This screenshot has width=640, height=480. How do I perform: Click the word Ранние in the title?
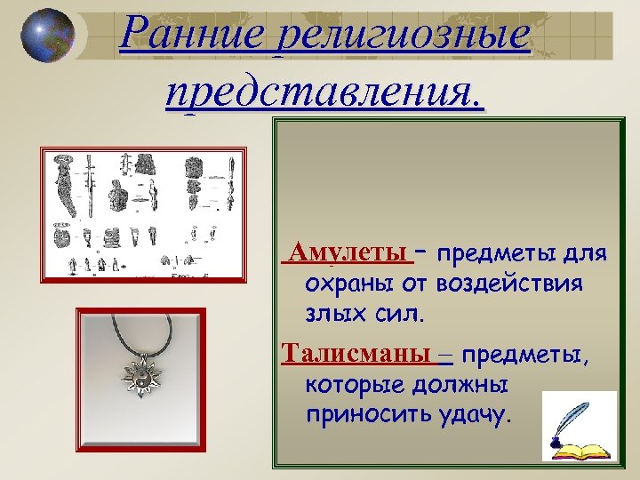pyautogui.click(x=195, y=36)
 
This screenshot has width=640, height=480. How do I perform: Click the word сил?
pyautogui.click(x=401, y=314)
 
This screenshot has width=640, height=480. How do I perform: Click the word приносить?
pyautogui.click(x=365, y=415)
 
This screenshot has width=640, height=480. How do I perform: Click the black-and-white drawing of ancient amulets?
pyautogui.click(x=143, y=212)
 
